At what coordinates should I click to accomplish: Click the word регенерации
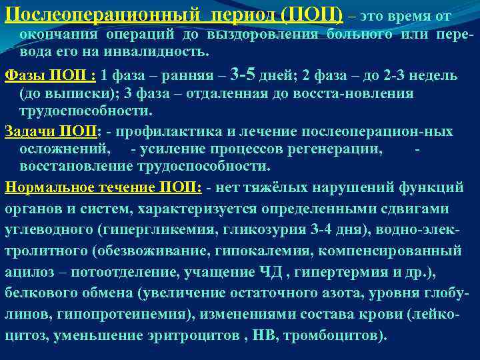click(x=337, y=148)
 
